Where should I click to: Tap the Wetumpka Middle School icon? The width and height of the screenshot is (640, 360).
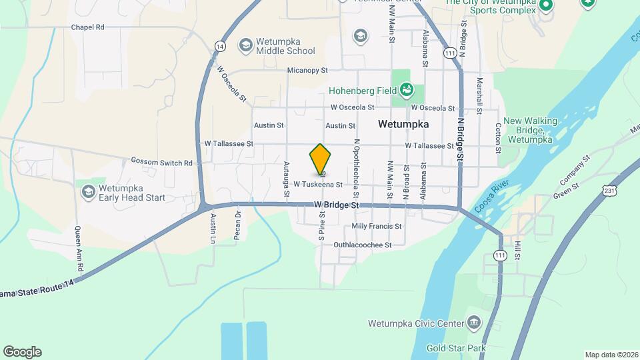245,45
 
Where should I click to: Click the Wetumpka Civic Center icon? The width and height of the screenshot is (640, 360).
473,323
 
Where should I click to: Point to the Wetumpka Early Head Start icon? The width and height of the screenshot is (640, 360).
88,192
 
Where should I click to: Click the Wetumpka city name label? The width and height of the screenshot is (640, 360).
403,124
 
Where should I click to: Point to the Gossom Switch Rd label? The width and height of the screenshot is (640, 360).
161,163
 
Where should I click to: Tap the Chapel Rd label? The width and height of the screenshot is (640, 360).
88,27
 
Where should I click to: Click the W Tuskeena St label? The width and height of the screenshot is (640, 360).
318,184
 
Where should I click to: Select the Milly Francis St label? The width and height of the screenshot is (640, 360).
377,226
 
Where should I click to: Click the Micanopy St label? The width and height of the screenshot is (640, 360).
307,70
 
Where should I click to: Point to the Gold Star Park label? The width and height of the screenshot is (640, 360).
456,348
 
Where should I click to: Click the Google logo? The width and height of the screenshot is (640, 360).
22,352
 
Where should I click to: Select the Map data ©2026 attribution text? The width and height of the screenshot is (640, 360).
611,355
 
